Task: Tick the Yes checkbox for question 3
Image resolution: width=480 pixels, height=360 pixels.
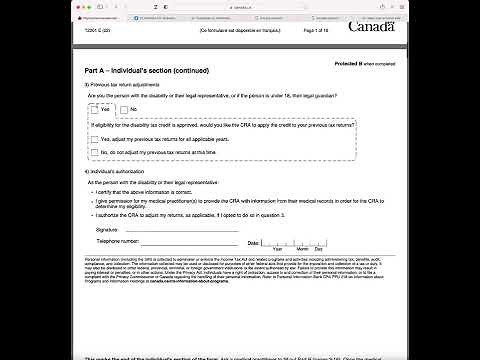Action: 93,108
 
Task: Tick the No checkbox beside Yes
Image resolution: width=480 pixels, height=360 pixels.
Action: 123,108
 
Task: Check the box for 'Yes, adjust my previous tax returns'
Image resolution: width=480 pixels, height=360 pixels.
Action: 95,140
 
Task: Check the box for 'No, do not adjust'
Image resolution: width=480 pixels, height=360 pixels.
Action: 95,152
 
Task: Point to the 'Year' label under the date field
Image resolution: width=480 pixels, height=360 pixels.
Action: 278,249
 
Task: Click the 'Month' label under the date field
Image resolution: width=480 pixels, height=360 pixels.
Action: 302,249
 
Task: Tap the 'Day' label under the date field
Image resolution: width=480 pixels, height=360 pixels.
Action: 320,249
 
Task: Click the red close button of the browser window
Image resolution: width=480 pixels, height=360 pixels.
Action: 78,5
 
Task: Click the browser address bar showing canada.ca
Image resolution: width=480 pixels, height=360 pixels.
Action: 240,5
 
